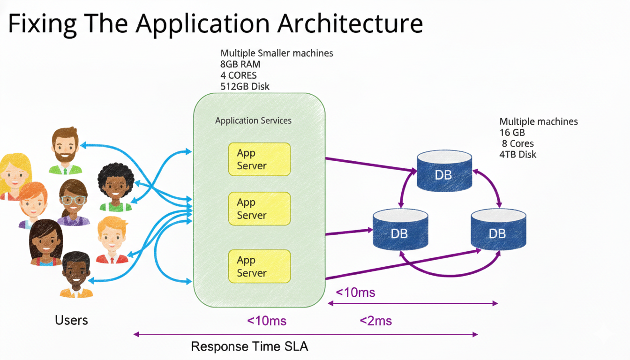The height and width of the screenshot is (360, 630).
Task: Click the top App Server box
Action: [259, 159]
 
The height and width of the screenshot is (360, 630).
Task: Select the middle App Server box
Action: [259, 209]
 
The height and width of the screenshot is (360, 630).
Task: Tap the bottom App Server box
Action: [259, 266]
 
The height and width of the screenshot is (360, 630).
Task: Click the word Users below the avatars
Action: [71, 320]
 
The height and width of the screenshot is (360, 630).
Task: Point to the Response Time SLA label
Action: [250, 347]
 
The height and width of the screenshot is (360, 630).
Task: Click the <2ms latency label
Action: [375, 321]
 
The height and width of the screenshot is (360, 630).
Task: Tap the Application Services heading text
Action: [253, 120]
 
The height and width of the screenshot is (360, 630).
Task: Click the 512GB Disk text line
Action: [245, 86]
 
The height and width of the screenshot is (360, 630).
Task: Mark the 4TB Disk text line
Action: [518, 154]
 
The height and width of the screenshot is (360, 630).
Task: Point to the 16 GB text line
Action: [512, 133]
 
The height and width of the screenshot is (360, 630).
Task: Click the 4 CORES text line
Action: [239, 75]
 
